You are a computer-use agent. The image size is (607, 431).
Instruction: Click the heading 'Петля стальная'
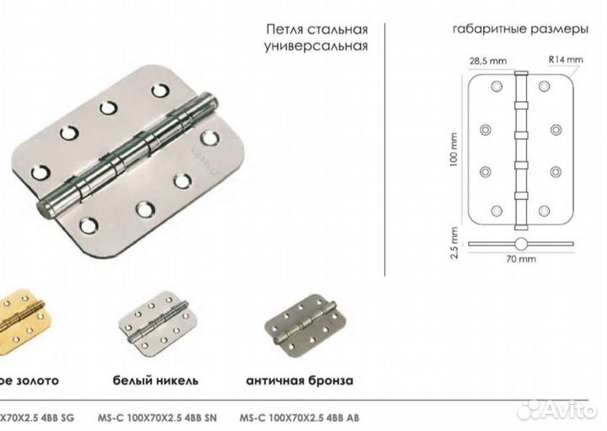point(314,28)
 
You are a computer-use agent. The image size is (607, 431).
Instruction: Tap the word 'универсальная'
point(314,46)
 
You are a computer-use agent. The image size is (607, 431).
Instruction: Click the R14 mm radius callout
point(565,60)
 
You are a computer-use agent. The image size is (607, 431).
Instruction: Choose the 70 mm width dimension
point(522,260)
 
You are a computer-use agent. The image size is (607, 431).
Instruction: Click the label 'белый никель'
point(155,380)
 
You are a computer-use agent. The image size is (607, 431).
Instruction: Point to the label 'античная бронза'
point(300,380)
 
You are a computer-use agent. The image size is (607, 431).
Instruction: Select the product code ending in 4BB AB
point(300,414)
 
